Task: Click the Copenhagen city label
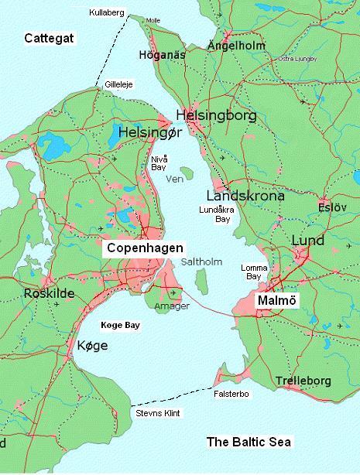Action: point(146,248)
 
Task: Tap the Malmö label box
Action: point(278,299)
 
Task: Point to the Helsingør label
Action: point(151,133)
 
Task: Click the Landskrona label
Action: point(245,196)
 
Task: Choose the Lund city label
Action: point(307,241)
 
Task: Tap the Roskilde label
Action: point(28,294)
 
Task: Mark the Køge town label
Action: point(92,345)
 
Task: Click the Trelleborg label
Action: point(303,381)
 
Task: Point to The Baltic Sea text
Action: point(249,442)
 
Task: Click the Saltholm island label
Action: point(201,262)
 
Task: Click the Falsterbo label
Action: point(230,394)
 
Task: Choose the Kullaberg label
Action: point(106,13)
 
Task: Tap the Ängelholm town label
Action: point(237,46)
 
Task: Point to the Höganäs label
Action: point(163,55)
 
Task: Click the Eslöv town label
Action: point(334,207)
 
